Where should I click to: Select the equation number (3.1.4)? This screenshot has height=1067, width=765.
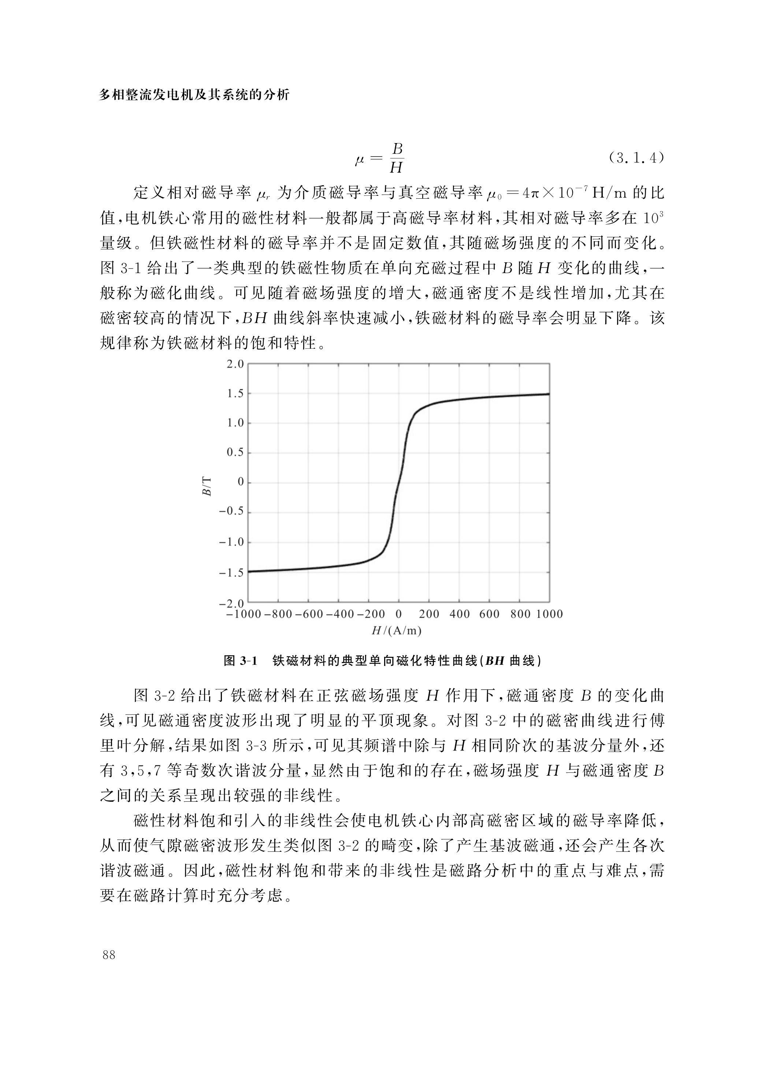635,158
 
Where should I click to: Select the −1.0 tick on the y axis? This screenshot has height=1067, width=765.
232,542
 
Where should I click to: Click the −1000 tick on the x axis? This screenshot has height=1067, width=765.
244,614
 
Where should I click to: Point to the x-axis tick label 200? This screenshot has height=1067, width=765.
429,614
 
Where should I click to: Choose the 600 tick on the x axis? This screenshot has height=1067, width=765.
489,614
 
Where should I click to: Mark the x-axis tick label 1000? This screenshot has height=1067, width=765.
549,614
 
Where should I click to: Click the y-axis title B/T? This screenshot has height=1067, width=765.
207,486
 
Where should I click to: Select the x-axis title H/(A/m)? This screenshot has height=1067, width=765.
396,630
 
